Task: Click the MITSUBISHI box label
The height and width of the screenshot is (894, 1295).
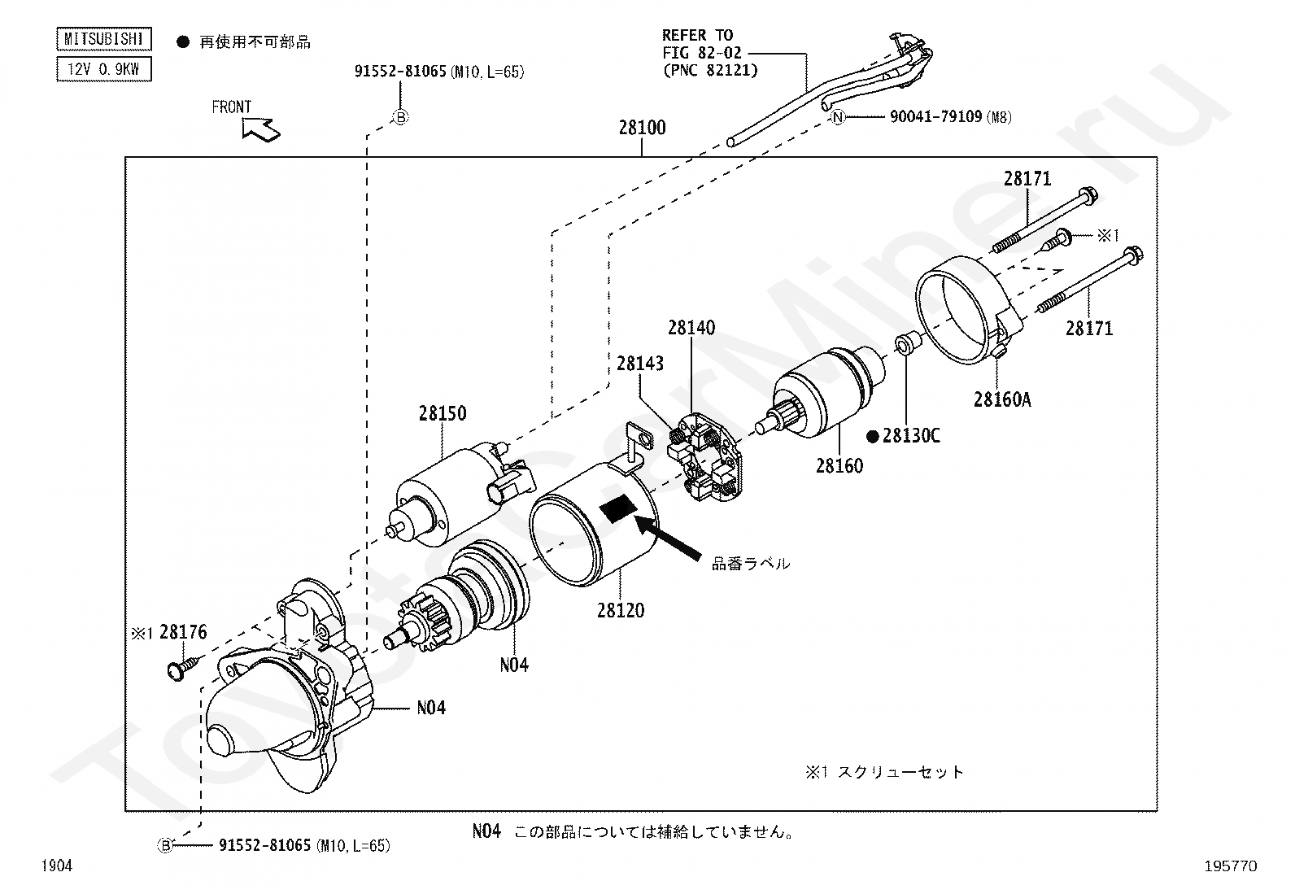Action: (103, 39)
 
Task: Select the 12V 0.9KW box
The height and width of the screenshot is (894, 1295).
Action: (103, 69)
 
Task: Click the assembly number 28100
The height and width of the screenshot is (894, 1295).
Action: (642, 128)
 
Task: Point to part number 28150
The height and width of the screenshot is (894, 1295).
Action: (443, 413)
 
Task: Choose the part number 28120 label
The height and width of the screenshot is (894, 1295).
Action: (621, 610)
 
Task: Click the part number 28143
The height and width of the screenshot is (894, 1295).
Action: (640, 364)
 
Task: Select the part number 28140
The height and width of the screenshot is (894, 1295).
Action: (691, 328)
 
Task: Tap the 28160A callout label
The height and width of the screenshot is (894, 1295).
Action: (1002, 399)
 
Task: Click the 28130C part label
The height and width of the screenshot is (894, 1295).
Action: (911, 436)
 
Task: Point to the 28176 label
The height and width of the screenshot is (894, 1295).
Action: (183, 632)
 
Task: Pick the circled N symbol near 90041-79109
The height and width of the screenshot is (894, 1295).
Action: (839, 117)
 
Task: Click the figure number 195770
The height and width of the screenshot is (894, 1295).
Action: (1230, 866)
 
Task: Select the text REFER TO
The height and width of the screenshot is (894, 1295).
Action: (697, 35)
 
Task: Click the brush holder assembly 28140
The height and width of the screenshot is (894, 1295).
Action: (705, 457)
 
